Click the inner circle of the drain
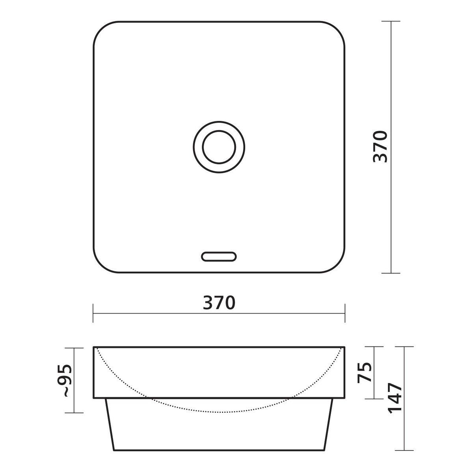pyautogui.click(x=202, y=147)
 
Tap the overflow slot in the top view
pyautogui.click(x=219, y=257)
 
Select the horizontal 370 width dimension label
pyautogui.click(x=219, y=303)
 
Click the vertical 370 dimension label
pyautogui.click(x=380, y=147)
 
